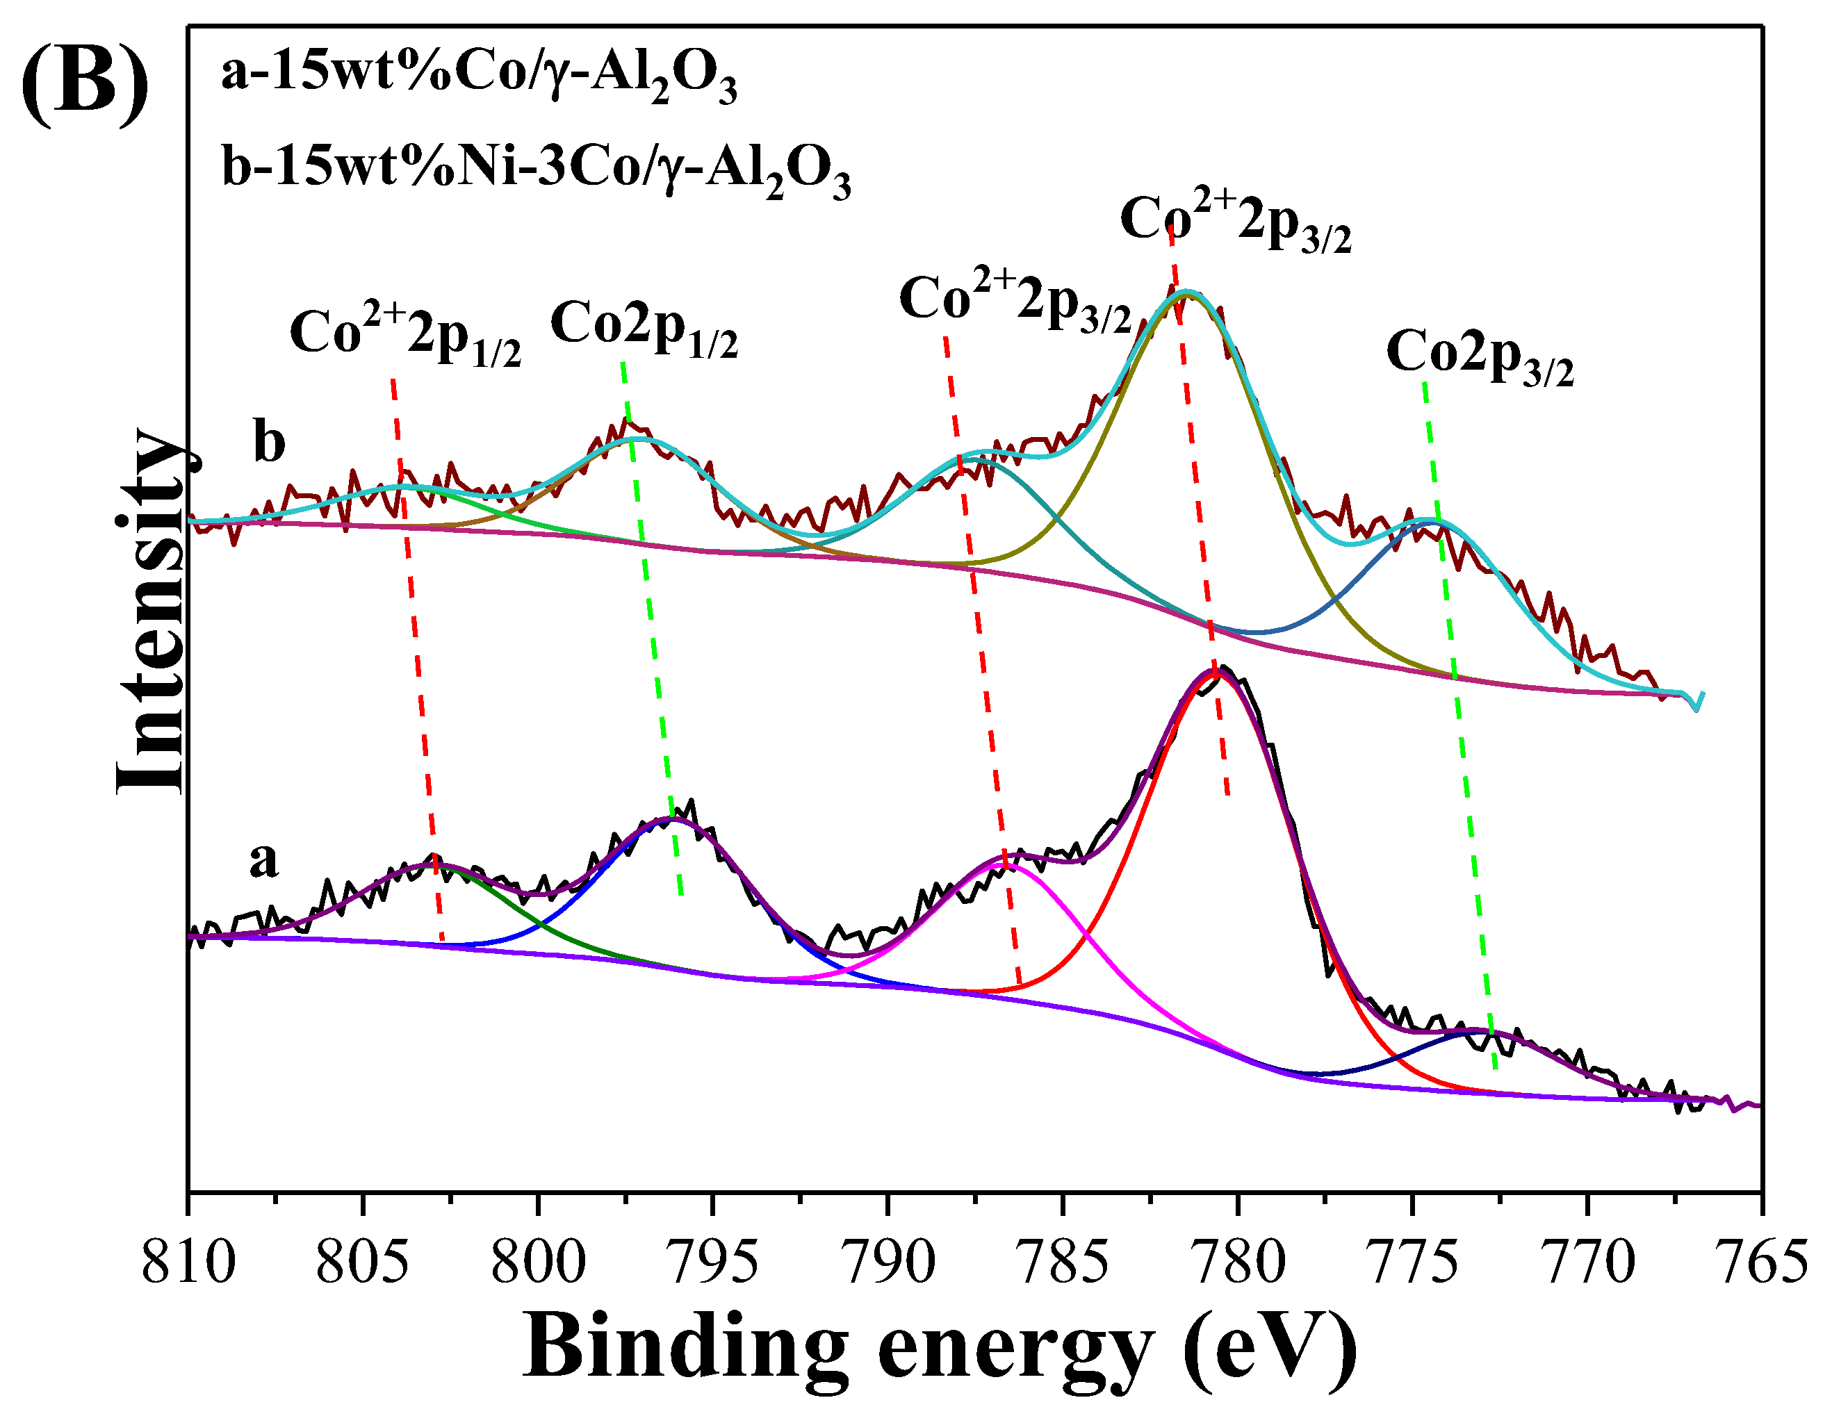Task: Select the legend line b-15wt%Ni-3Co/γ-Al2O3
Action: pyautogui.click(x=536, y=172)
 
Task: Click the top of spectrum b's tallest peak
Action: pyautogui.click(x=1186, y=293)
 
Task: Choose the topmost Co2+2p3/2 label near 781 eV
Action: pyautogui.click(x=1236, y=222)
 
